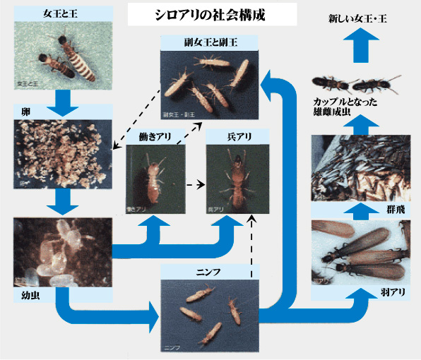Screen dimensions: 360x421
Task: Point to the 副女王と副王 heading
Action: tap(209, 44)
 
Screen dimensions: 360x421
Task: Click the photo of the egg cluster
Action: tap(63, 154)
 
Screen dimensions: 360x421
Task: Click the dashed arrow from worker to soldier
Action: tap(195, 186)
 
